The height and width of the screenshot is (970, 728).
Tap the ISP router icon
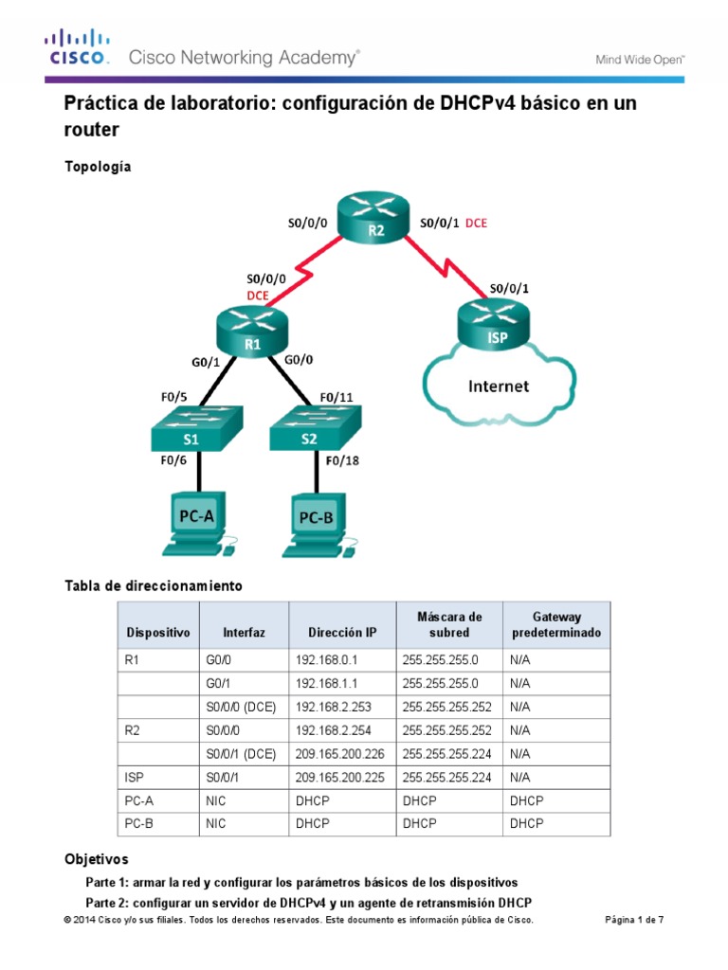click(490, 328)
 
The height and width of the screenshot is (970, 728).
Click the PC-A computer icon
click(196, 522)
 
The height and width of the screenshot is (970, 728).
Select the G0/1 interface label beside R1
click(207, 361)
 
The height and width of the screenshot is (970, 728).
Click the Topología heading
click(98, 167)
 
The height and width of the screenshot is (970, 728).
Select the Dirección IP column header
click(342, 632)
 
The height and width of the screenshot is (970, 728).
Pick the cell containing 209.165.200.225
click(342, 776)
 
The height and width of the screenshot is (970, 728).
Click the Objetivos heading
click(95, 860)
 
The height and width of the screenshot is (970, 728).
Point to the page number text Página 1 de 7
click(635, 920)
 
